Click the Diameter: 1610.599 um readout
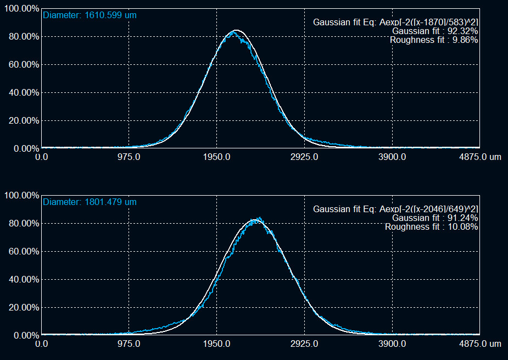[90, 15]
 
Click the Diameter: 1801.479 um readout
[90, 202]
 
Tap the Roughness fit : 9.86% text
[434, 40]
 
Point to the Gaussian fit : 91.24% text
[431, 218]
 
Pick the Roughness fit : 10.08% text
[431, 227]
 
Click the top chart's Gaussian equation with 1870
[395, 23]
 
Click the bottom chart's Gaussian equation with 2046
[395, 209]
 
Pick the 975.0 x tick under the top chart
[129, 157]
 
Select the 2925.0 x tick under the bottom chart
[304, 344]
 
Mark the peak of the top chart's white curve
[236, 30]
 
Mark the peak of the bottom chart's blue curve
[259, 218]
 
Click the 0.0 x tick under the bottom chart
[41, 344]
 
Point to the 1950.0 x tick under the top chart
[217, 157]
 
